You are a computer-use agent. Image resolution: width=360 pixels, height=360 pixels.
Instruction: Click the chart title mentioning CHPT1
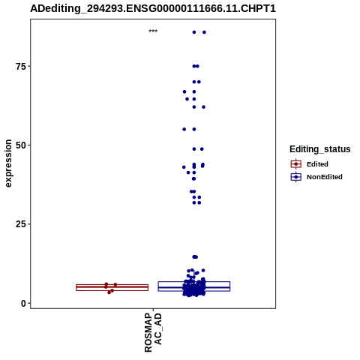(x=153, y=8)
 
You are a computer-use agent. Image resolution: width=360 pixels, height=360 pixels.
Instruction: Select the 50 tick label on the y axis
(x=20, y=145)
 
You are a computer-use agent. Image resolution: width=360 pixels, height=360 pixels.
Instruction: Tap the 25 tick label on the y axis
(x=20, y=224)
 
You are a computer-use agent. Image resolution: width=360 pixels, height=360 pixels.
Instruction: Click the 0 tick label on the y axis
(x=23, y=303)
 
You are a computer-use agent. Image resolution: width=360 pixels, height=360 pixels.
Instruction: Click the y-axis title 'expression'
(x=8, y=163)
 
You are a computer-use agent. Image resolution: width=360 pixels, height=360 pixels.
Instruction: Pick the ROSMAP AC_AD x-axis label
(x=153, y=332)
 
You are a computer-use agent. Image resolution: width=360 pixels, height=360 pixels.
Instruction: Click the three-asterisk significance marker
(x=153, y=31)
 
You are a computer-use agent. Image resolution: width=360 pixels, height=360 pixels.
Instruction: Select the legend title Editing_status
(x=320, y=149)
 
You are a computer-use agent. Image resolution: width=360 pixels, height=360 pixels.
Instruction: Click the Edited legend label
(x=317, y=164)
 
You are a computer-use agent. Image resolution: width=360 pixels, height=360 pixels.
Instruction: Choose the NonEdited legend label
(x=325, y=177)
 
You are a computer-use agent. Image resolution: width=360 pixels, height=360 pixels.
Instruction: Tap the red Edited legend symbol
(x=296, y=164)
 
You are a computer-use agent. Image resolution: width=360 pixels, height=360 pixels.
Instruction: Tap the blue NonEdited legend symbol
(x=296, y=177)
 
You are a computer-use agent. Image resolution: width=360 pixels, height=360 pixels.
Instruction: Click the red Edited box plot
(x=112, y=287)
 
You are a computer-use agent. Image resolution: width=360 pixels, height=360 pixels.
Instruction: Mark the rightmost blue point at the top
(x=204, y=32)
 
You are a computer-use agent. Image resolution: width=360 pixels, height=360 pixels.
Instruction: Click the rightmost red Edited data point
(x=115, y=284)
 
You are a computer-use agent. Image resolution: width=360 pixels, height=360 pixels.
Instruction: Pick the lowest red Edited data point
(x=109, y=292)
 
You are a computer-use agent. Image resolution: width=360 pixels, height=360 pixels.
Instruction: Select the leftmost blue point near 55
(x=184, y=129)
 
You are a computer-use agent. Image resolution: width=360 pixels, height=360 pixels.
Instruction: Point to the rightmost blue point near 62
(x=204, y=107)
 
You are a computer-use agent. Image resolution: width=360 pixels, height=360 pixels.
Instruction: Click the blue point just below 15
(x=195, y=256)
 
